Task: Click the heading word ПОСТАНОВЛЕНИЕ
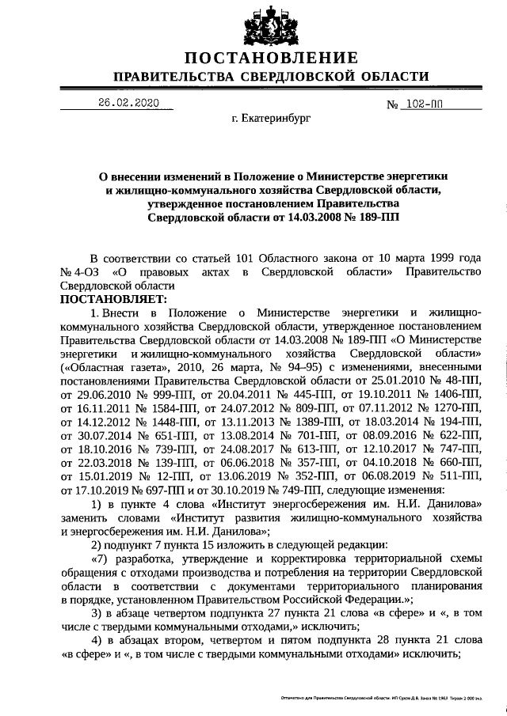click(x=271, y=58)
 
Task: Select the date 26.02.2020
click(x=128, y=103)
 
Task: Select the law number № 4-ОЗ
click(x=81, y=272)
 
